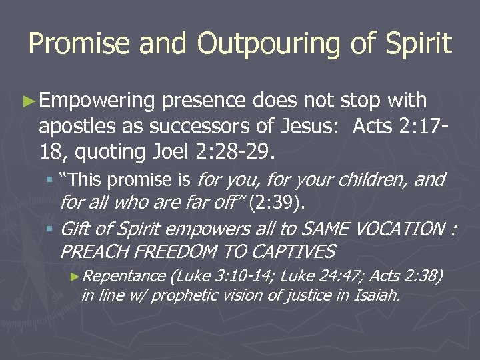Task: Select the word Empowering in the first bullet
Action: (x=97, y=101)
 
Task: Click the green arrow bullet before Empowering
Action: (x=27, y=101)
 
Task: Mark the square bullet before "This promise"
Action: (x=49, y=180)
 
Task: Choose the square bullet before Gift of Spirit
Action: (x=49, y=230)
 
